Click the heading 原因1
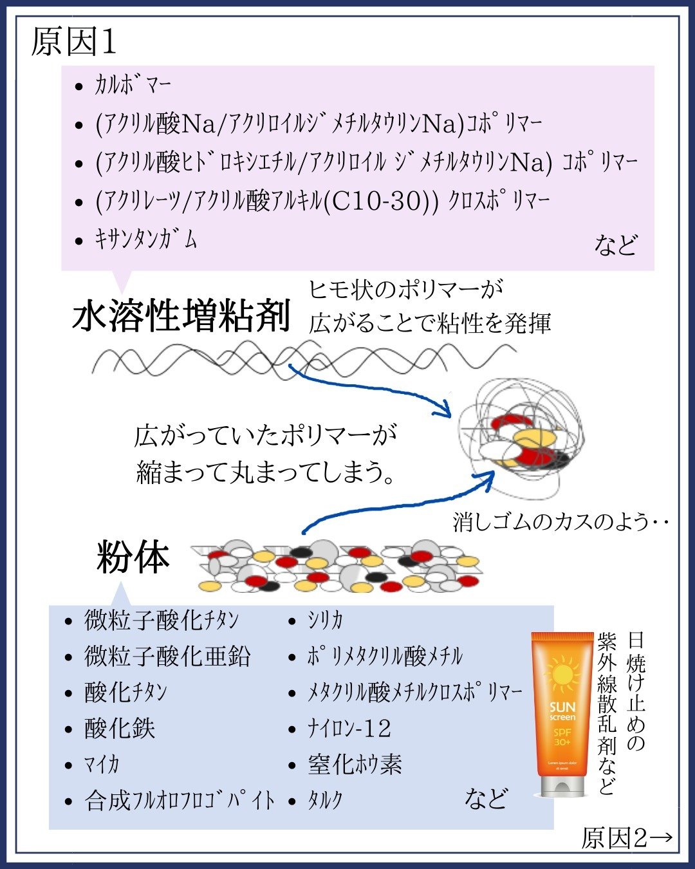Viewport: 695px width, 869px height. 74,42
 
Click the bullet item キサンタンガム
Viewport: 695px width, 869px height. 145,240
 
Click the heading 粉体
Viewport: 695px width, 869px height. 133,557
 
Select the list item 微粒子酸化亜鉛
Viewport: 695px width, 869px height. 167,657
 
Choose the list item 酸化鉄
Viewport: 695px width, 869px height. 120,729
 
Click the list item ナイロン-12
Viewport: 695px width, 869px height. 349,729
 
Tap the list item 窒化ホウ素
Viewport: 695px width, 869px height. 355,765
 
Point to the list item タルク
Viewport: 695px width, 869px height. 325,801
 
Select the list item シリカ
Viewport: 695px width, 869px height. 325,621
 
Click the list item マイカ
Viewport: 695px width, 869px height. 102,765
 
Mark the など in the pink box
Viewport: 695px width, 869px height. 615,245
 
